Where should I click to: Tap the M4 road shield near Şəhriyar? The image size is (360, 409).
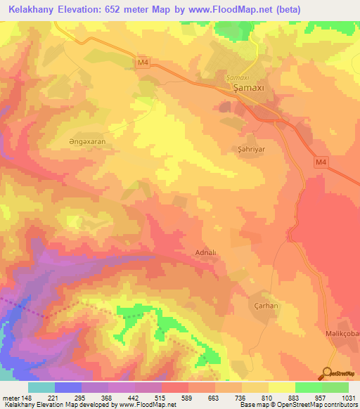coord(321,163)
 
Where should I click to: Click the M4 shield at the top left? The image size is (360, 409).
coord(143,63)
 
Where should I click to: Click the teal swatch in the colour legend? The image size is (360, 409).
coord(41,387)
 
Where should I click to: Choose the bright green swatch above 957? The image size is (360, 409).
coord(308,387)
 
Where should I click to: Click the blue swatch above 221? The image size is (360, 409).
coord(68,387)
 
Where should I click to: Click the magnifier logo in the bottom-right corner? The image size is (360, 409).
coord(327,373)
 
